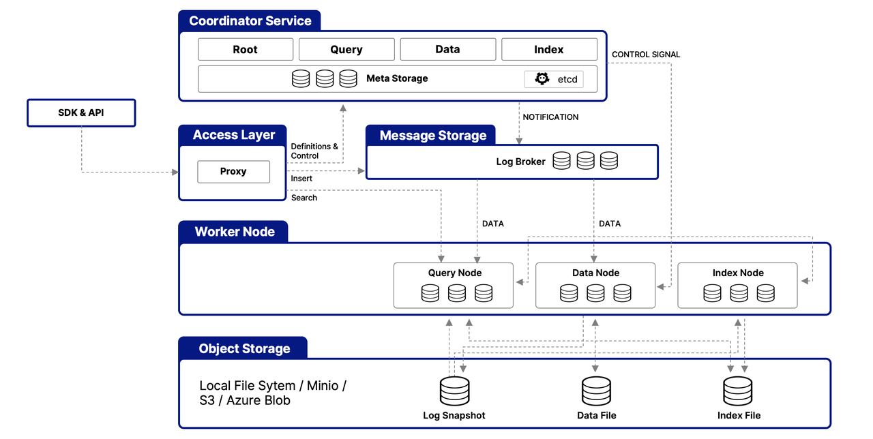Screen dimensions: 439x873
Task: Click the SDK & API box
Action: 81,113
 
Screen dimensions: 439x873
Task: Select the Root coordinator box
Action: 246,50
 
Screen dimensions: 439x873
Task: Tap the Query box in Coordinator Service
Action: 346,50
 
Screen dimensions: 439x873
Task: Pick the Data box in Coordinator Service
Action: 447,50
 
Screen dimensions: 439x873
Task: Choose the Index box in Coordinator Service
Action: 548,50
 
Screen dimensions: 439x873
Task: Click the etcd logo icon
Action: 542,79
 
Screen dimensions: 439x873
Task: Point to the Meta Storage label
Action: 397,78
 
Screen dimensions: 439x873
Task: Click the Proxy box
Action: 233,172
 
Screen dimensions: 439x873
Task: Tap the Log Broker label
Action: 520,162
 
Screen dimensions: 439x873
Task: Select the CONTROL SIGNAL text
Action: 645,55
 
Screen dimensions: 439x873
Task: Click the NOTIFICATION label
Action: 550,117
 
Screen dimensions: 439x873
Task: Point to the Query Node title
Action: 455,273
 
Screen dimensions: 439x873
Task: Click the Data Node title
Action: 595,273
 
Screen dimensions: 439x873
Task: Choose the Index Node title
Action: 738,273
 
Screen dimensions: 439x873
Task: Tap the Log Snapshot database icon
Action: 454,391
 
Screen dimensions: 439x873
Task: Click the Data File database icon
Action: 596,391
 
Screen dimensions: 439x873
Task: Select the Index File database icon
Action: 738,391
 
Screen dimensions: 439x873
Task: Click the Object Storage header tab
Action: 243,348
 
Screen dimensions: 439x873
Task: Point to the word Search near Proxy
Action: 304,198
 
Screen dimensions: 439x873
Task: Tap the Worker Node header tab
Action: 234,232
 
